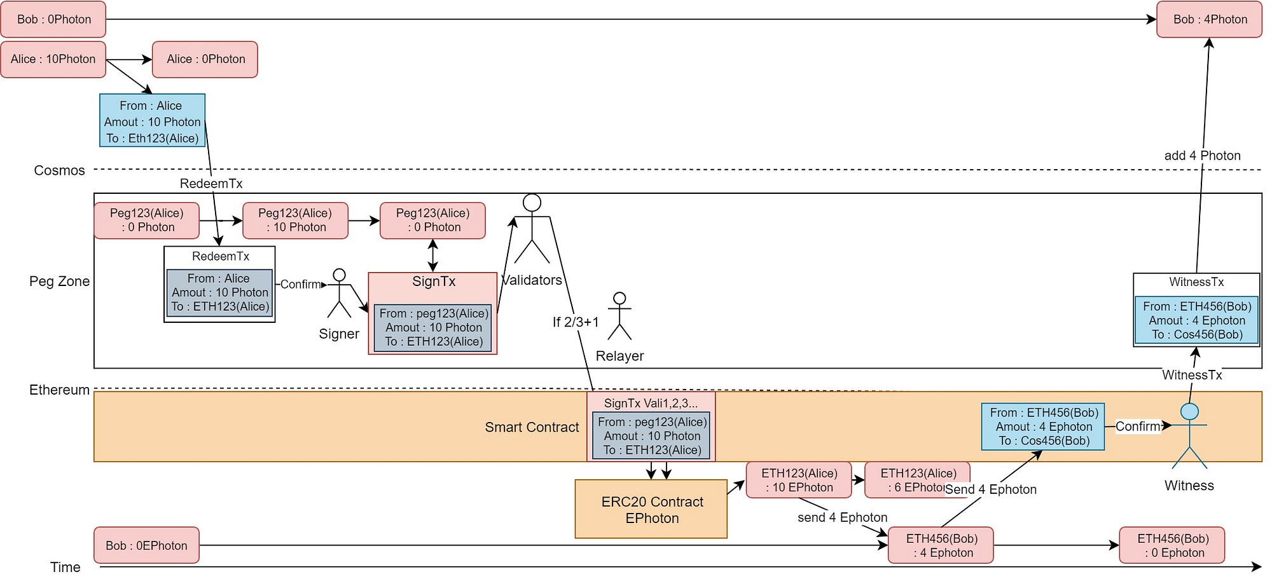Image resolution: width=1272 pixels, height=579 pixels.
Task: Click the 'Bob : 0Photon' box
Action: (x=53, y=20)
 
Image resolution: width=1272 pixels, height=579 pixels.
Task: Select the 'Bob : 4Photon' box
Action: (x=1209, y=20)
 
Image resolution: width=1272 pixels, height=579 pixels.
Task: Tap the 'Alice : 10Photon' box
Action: (x=53, y=59)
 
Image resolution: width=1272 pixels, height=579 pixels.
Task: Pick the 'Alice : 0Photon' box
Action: (x=205, y=59)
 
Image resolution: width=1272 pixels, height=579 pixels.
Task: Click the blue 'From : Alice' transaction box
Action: (x=152, y=121)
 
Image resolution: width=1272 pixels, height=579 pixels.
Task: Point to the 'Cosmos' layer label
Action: (x=59, y=170)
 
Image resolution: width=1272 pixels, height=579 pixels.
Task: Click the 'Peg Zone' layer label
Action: (x=59, y=282)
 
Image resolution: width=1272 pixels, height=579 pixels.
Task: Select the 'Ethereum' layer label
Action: (x=59, y=390)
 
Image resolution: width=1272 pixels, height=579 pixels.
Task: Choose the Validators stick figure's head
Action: (x=532, y=203)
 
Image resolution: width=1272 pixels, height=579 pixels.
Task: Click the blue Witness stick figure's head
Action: (x=1189, y=412)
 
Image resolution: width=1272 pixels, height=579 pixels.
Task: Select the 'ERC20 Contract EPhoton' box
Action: (x=651, y=509)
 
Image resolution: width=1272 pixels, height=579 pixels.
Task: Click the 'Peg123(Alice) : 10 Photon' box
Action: (x=296, y=221)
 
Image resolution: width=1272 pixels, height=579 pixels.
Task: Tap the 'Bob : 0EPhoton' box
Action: (x=146, y=545)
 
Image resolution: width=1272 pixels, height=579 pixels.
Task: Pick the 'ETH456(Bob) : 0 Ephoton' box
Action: (x=1172, y=545)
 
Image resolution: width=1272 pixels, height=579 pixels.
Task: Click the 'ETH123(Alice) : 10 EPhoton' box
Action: (x=799, y=480)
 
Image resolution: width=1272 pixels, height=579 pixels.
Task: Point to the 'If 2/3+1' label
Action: (x=576, y=322)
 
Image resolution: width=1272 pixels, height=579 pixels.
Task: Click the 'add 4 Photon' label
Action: (x=1202, y=156)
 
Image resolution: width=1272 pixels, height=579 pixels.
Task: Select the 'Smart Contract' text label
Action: (x=532, y=427)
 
